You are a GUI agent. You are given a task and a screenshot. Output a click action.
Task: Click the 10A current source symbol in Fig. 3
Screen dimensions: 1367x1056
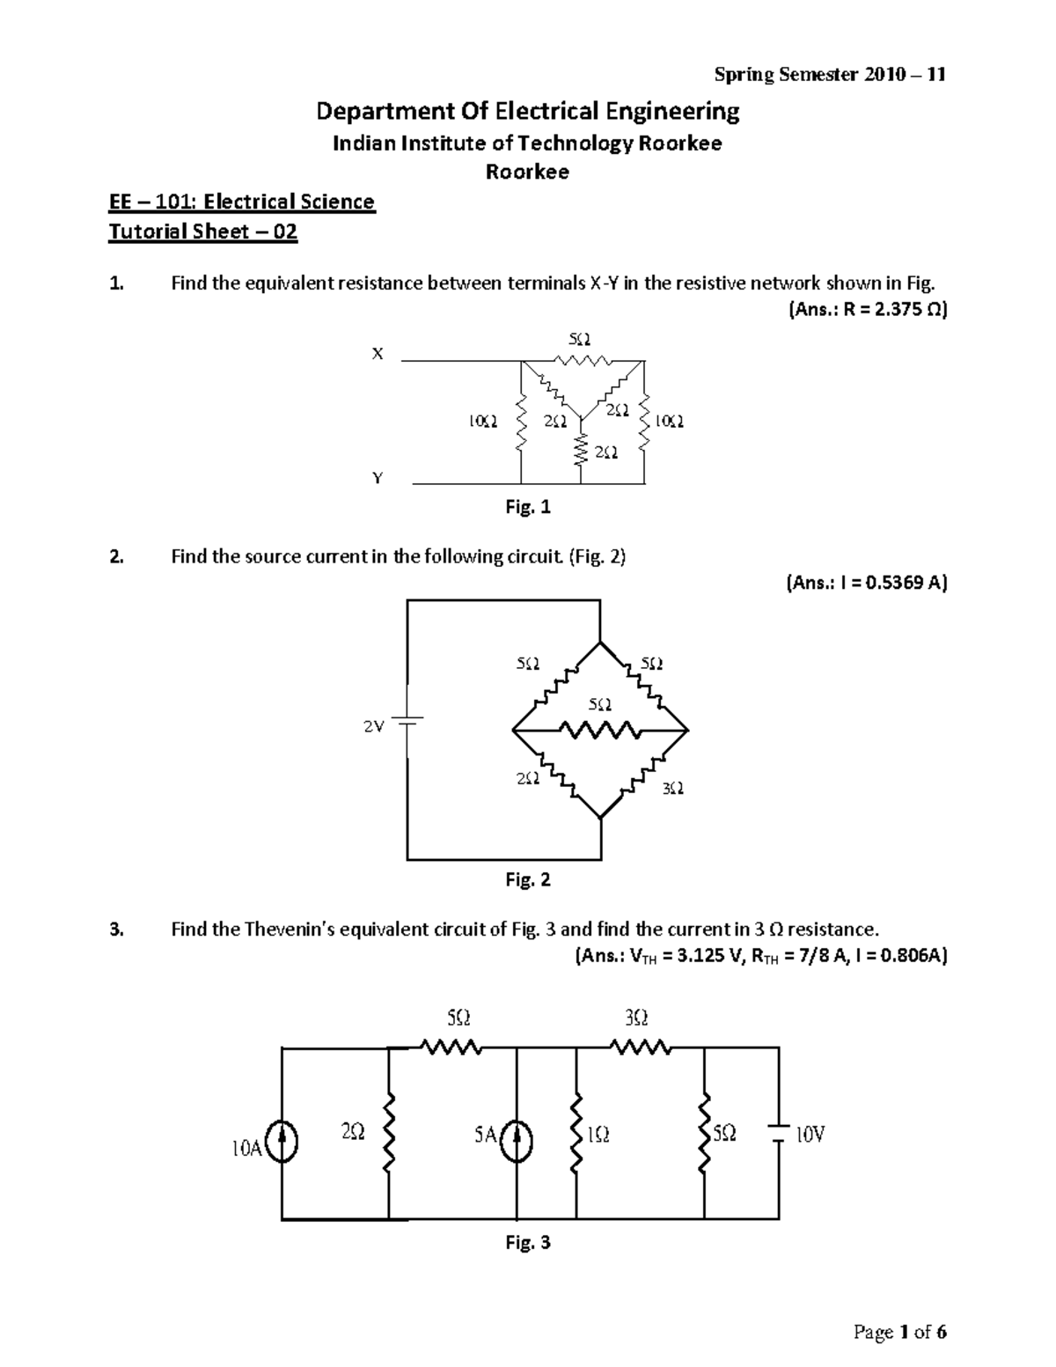282,1143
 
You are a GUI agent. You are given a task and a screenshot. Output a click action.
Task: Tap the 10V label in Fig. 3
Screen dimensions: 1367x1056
810,1135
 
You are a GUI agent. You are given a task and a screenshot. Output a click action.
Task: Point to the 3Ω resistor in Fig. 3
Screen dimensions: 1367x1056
640,1047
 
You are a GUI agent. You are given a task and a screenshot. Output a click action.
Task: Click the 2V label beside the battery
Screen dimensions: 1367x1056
374,727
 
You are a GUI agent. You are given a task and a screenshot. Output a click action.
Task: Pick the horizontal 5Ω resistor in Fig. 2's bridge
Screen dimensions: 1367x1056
601,731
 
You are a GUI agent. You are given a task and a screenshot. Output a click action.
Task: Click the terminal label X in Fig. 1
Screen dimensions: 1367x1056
378,354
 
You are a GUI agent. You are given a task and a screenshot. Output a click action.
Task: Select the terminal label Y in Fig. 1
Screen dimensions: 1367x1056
378,478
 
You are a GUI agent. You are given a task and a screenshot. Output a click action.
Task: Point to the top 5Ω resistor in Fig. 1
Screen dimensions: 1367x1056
580,360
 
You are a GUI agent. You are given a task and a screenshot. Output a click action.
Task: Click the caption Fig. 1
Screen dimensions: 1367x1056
528,507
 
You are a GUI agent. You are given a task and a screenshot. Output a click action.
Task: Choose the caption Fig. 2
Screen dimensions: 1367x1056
528,879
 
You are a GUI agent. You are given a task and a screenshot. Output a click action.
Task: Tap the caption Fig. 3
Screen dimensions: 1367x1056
528,1243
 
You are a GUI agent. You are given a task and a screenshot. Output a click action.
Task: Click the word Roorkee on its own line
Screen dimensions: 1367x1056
528,173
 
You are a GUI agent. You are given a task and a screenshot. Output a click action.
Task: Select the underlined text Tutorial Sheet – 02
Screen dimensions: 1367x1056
202,232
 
